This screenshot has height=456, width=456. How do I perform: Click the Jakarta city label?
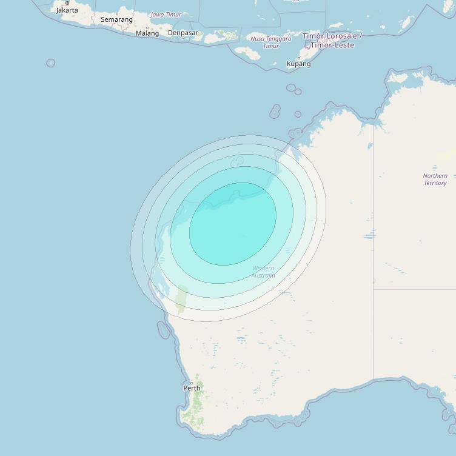[x=67, y=10]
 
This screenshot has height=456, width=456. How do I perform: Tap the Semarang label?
[x=116, y=19]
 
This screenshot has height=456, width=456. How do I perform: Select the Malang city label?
[x=147, y=33]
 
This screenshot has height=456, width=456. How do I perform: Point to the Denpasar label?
[x=183, y=33]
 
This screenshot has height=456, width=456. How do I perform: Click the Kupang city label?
[x=298, y=64]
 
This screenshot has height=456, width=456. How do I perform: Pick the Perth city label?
[x=192, y=388]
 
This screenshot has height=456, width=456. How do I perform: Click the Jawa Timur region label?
[x=166, y=15]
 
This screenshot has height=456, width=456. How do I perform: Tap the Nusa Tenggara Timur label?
[x=270, y=42]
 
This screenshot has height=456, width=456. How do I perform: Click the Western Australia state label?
[x=263, y=272]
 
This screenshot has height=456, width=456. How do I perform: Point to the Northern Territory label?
[x=435, y=179]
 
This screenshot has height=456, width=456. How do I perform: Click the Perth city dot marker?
[x=192, y=383]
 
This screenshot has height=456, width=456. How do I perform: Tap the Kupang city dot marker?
[x=298, y=58]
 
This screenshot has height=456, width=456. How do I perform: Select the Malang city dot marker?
[x=147, y=28]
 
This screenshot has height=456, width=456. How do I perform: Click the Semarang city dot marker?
[x=117, y=14]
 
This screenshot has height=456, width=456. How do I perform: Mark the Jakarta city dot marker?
[x=67, y=3]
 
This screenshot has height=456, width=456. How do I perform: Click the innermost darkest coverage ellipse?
[x=233, y=223]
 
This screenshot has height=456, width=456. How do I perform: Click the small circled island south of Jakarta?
[x=50, y=63]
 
